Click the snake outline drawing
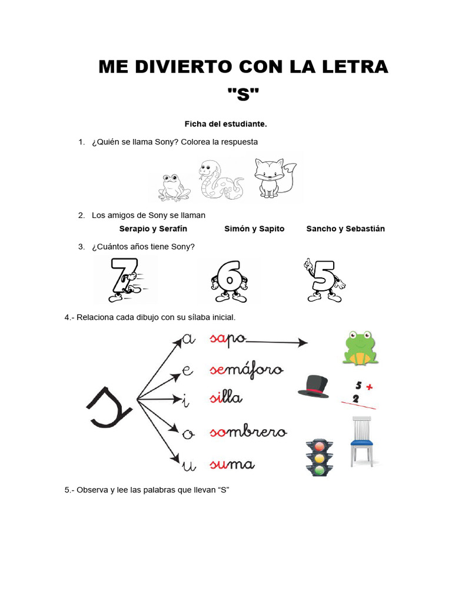point(221,181)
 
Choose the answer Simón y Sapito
point(254,228)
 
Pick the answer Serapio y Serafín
point(153,228)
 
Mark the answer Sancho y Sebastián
point(345,228)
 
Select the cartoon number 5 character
point(321,280)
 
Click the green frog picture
point(360,347)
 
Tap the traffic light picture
point(320,456)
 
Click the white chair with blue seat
point(363,442)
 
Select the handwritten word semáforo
point(246,370)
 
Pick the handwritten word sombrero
point(248,433)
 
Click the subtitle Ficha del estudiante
point(225,124)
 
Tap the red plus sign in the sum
point(369,387)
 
